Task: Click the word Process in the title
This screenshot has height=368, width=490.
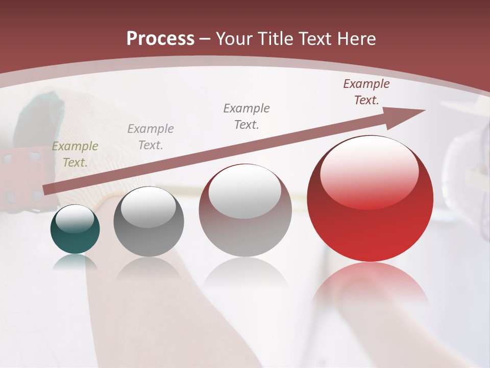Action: [160, 39]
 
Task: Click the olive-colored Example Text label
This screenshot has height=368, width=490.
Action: [75, 154]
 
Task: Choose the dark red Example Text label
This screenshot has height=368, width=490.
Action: [366, 92]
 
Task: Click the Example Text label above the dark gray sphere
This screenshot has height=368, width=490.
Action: [151, 136]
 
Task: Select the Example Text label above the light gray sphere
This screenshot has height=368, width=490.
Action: [247, 116]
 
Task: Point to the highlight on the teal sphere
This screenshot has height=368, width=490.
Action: [75, 219]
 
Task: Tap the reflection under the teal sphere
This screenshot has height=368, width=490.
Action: [75, 262]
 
